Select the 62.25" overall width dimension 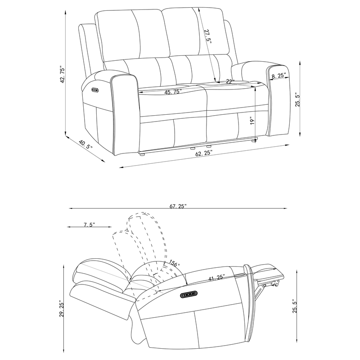[x=204, y=153]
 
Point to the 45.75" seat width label [x=173, y=92]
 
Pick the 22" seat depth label [x=230, y=81]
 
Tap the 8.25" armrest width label [x=279, y=76]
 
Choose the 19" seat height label [x=253, y=121]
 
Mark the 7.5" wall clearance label [x=89, y=225]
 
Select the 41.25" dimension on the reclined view [x=217, y=278]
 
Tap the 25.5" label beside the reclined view [x=295, y=309]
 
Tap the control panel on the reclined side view [x=189, y=295]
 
